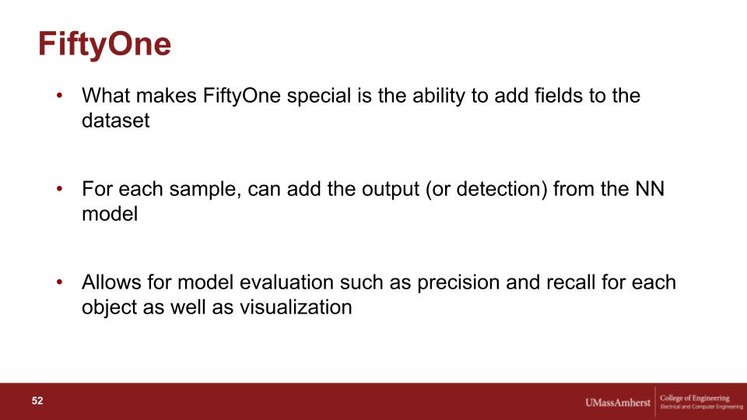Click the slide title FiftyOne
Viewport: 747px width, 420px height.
tap(104, 44)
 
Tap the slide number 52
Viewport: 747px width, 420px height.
tap(37, 401)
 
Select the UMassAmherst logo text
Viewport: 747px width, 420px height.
tap(617, 402)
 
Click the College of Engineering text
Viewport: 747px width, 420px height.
tap(695, 397)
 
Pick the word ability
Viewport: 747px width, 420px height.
tap(438, 96)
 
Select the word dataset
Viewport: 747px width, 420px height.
tap(116, 121)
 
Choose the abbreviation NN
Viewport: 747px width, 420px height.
tap(649, 189)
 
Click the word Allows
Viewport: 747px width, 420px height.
tap(111, 282)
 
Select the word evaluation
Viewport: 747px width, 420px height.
tap(286, 282)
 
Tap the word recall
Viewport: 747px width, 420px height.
tap(570, 282)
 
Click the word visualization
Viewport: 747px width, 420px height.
tap(296, 307)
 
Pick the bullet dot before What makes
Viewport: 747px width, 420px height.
tap(60, 96)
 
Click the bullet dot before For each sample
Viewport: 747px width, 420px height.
tap(60, 189)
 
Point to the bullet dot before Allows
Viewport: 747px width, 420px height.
tap(60, 282)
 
